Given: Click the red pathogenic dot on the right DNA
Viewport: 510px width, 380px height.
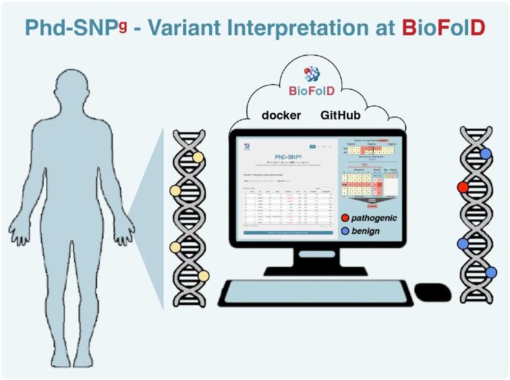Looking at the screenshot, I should coord(463,186).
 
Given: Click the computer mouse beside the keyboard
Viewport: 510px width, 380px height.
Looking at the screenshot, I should coord(432,292).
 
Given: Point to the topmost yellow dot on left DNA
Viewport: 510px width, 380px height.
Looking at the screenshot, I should coord(198,158).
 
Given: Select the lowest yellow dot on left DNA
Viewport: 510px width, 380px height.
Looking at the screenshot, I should coord(203,275).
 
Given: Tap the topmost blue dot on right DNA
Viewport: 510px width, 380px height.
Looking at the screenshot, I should coord(486,154).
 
